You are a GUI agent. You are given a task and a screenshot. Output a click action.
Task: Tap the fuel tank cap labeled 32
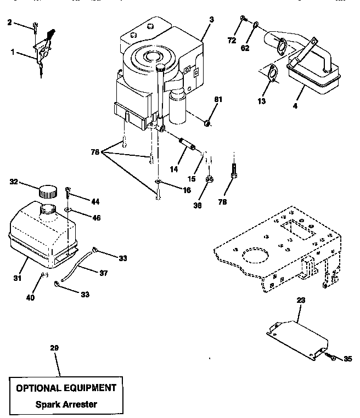coord(47,192)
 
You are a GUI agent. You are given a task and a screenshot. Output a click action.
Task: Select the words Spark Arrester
coord(65,405)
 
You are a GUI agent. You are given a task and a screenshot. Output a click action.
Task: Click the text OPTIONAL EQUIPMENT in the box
coord(66,388)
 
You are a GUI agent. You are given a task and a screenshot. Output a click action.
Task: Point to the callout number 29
coord(53,348)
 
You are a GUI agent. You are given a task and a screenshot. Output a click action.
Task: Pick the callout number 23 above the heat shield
coord(301,301)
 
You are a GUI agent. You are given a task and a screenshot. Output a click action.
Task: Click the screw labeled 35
coord(333,357)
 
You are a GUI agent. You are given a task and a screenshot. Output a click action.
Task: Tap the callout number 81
coord(218,100)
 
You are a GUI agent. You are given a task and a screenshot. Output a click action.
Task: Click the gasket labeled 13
coord(269,75)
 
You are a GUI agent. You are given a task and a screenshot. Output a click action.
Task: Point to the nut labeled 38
coord(209,179)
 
